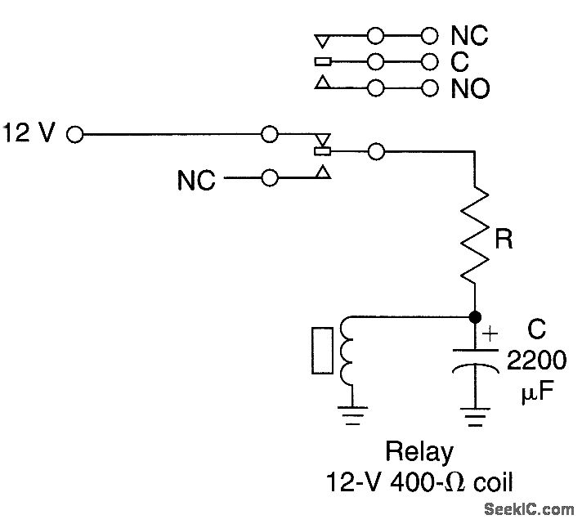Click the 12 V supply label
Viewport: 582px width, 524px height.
point(29,133)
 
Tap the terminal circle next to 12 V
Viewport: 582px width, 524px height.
point(75,135)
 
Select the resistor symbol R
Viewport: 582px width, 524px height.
point(474,237)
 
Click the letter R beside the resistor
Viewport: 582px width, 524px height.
point(504,240)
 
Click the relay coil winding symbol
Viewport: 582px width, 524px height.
point(346,352)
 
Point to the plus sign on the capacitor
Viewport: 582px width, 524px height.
point(490,333)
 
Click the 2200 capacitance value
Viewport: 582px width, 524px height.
point(535,361)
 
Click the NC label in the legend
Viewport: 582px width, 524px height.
point(469,36)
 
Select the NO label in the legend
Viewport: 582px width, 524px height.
point(470,87)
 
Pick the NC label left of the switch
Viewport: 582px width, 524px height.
point(197,180)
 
